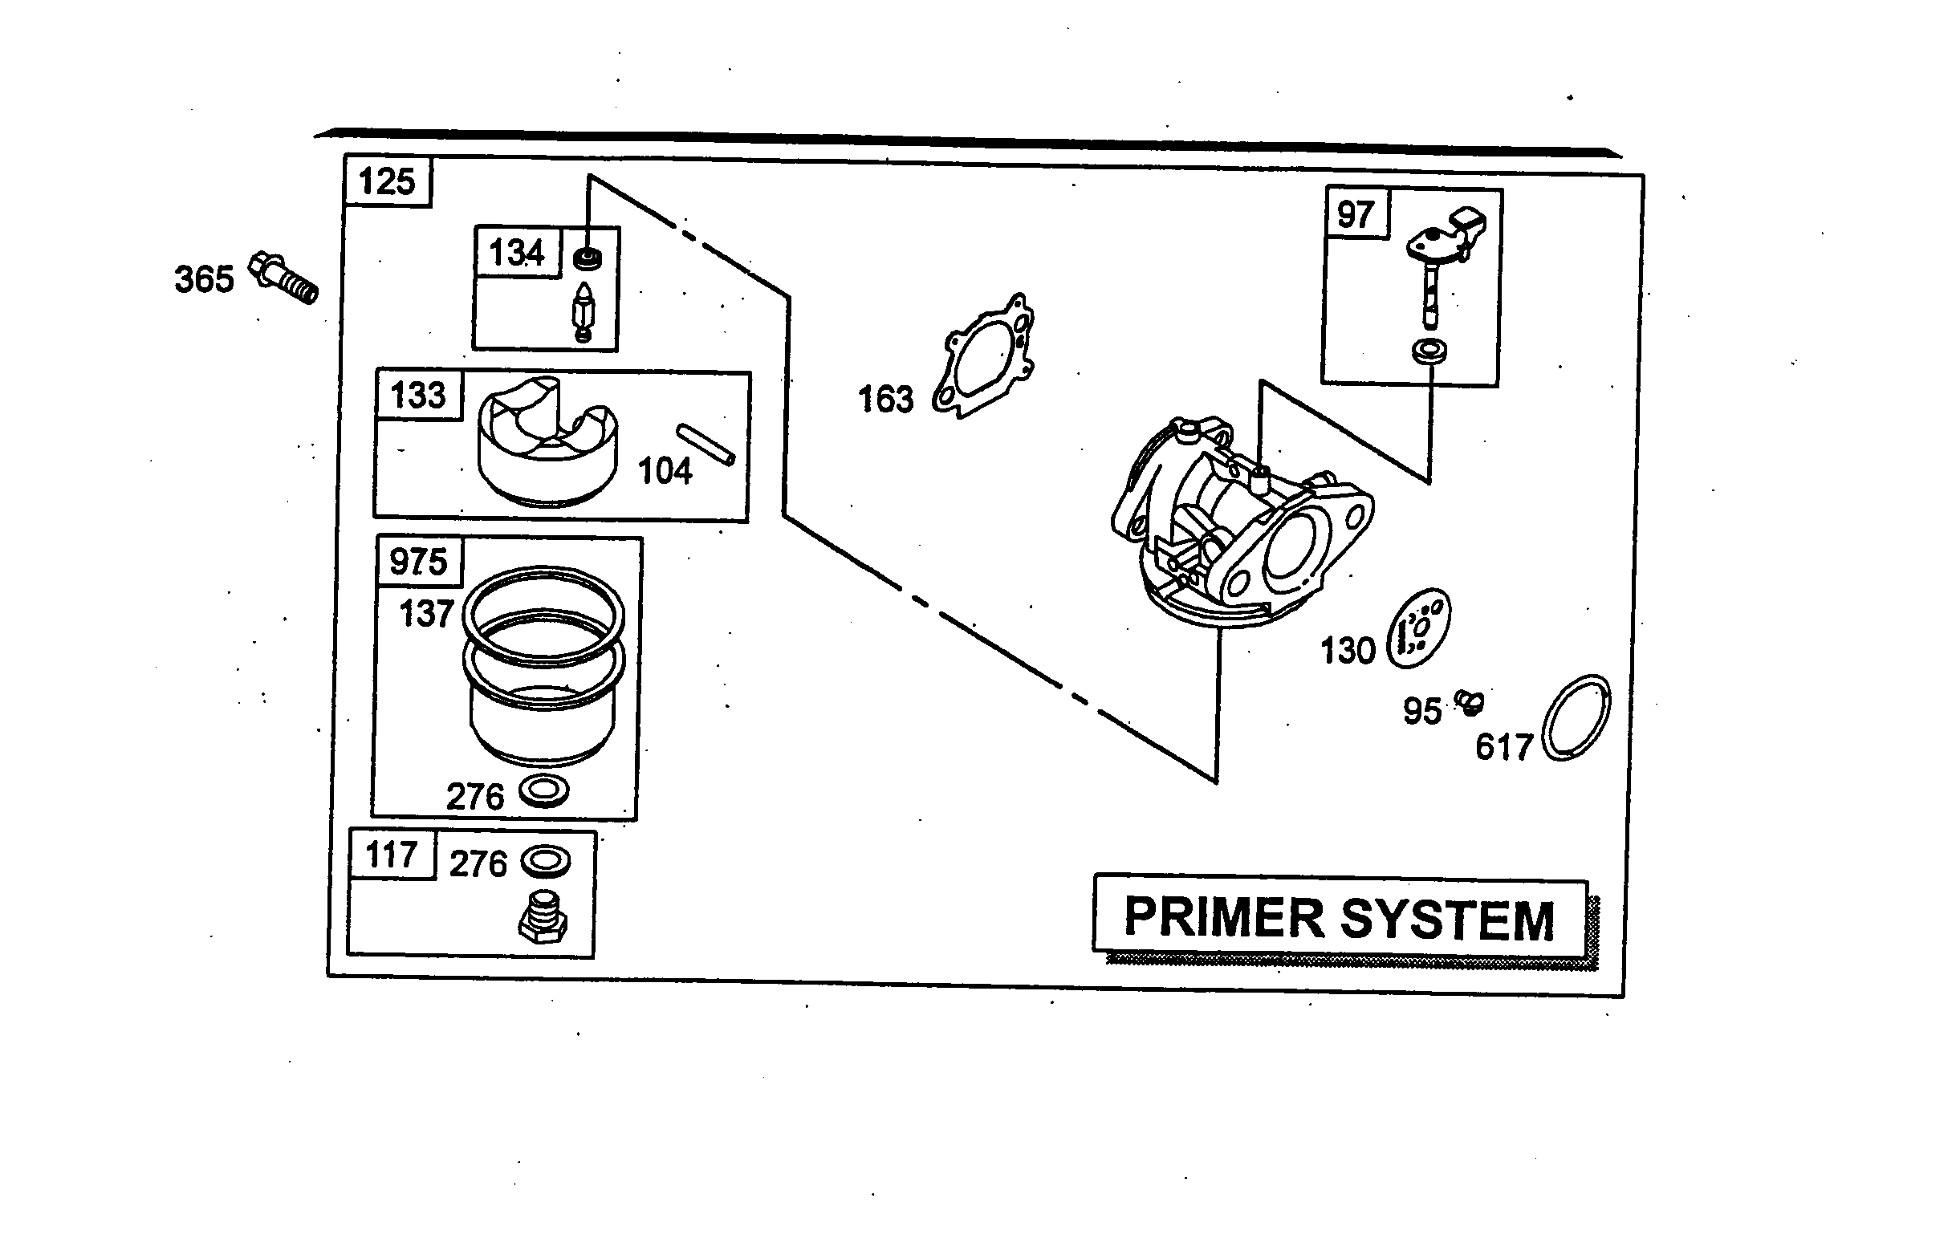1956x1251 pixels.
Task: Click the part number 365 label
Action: point(204,279)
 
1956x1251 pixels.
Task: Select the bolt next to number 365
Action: point(284,278)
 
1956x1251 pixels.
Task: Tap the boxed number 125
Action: point(387,181)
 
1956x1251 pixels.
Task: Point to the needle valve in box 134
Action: point(584,313)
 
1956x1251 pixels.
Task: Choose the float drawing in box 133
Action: point(547,442)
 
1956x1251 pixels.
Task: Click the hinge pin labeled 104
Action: point(706,445)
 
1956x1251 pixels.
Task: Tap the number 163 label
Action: point(885,400)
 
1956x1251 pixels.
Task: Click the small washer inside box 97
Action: point(1429,351)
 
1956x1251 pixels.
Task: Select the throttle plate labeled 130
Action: point(1418,629)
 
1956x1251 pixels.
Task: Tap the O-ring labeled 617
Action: point(1576,717)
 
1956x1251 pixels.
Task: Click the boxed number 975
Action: point(418,563)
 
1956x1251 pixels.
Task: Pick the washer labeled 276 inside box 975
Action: point(543,790)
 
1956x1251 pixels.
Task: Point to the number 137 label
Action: point(425,614)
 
